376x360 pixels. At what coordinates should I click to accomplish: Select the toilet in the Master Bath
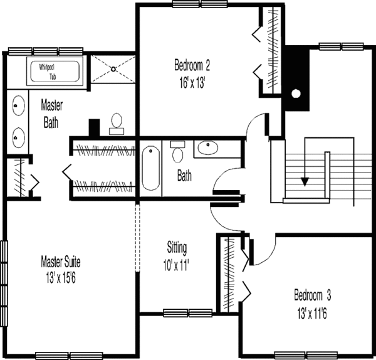coord(116,124)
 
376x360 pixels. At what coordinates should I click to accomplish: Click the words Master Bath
coord(50,114)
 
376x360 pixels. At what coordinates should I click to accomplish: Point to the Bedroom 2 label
coord(191,64)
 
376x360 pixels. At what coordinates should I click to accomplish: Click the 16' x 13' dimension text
coord(191,80)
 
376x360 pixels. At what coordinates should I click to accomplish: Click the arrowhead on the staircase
coord(305,181)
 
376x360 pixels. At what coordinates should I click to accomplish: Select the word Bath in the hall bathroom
coord(184,176)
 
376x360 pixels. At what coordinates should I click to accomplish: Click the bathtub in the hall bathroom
coord(151,167)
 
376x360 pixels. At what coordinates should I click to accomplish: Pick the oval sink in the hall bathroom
coord(206,149)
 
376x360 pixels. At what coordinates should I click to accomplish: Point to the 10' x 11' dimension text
coord(177,263)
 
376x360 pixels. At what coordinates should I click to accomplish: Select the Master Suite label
coord(60,261)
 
